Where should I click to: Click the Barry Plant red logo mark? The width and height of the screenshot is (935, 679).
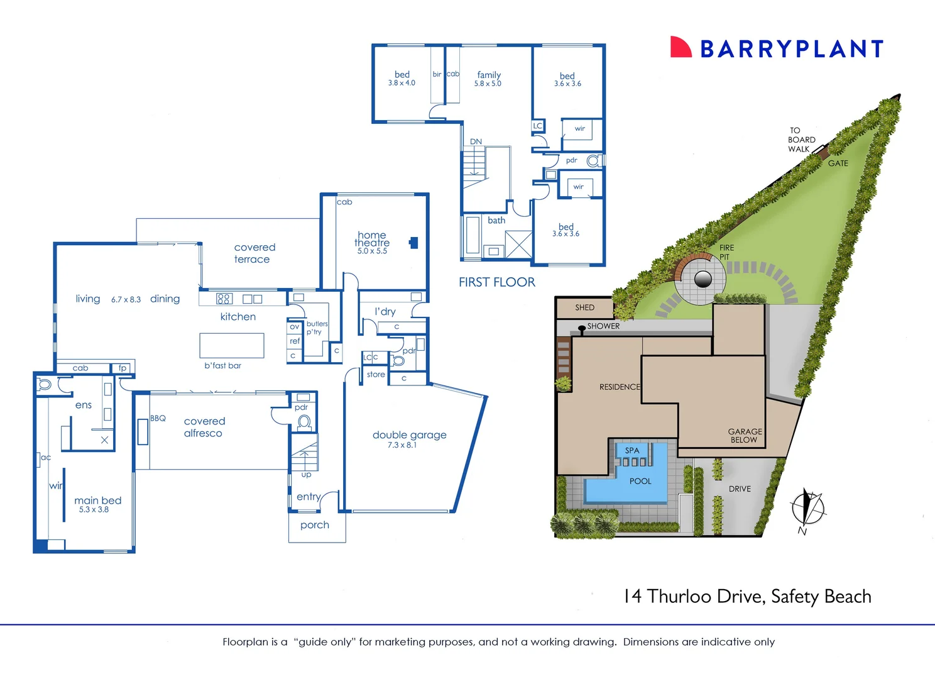681,47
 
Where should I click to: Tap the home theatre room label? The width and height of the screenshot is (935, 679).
372,239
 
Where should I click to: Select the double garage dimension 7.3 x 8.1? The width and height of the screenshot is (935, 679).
402,445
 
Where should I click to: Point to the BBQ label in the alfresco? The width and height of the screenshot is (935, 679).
158,418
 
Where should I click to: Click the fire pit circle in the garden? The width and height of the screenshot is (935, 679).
703,279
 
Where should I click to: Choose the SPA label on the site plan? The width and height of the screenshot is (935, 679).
632,450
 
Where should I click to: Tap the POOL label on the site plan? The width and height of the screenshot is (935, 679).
640,481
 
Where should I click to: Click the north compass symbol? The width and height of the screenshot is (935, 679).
807,508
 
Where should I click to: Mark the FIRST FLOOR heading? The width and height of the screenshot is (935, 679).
496,282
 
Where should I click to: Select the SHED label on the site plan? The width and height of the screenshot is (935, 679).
584,307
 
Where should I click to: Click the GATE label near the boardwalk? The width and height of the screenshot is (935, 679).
838,163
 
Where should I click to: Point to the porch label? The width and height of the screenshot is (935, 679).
315,525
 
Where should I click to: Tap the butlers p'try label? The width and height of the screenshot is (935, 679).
317,328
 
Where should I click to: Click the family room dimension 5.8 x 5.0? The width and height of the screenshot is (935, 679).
488,84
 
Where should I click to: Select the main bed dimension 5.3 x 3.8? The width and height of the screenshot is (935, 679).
94,510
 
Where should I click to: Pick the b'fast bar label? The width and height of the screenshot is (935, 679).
222,365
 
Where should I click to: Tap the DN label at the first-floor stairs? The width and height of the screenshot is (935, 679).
476,141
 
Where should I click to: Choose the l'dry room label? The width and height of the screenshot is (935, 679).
385,311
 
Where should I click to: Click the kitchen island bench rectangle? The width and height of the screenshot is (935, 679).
232,345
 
